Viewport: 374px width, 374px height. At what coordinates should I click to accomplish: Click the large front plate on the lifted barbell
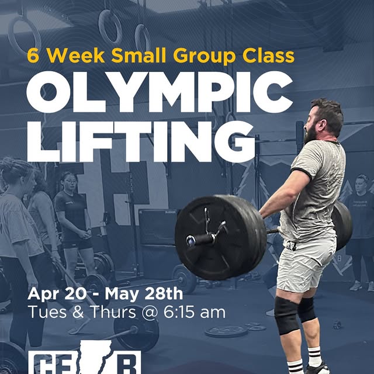[x=216, y=237]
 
